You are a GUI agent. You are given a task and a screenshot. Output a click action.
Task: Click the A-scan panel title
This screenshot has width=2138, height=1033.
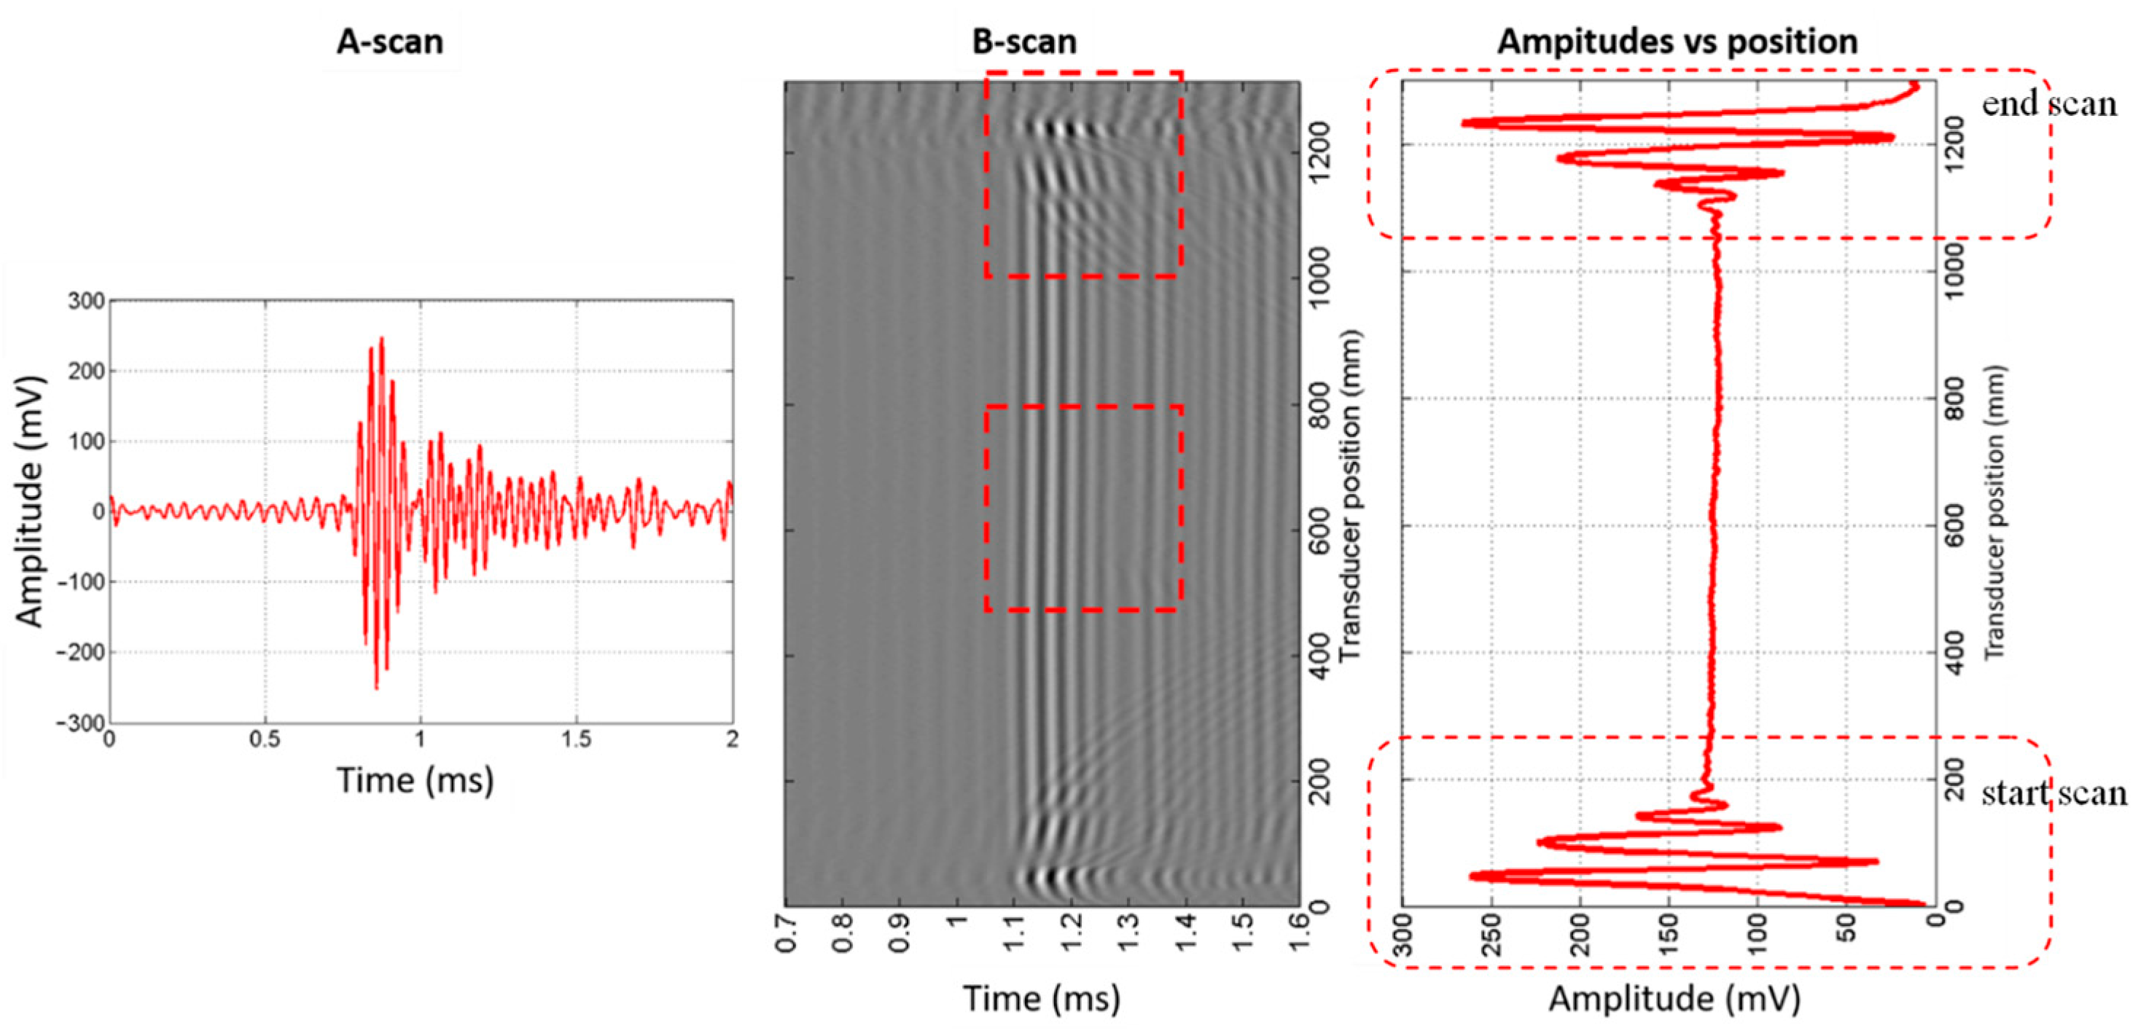[389, 42]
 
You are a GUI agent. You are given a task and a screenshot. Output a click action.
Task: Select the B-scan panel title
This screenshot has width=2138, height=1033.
[1024, 42]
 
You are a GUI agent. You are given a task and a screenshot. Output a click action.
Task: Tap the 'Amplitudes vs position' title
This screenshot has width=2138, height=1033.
[1677, 42]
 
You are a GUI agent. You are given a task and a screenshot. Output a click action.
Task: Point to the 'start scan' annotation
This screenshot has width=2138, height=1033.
[2053, 793]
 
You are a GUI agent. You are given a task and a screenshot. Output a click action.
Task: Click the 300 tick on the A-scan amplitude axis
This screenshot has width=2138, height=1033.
[86, 301]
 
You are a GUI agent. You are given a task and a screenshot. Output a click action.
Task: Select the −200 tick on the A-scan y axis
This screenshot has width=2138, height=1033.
[82, 653]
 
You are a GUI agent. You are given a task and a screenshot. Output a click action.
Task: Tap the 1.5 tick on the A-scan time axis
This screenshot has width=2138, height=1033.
[576, 739]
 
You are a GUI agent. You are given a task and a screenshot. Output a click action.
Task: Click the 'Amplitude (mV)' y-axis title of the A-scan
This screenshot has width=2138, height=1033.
[30, 501]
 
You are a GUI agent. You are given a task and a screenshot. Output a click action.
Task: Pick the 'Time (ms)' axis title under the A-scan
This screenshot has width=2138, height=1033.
[415, 780]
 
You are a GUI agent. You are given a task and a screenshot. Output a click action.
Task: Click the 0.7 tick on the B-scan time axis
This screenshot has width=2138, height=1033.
[789, 933]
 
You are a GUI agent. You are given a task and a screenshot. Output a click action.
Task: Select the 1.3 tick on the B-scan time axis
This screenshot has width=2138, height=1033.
[1131, 933]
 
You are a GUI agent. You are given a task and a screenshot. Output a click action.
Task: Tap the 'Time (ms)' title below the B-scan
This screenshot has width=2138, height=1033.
[1041, 998]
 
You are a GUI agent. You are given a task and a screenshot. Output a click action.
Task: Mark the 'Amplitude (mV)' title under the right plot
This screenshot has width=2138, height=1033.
[1674, 998]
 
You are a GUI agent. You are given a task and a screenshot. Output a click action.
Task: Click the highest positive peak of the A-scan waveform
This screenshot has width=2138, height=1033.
[381, 339]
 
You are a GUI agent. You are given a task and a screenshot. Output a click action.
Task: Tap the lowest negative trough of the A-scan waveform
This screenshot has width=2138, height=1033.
[376, 688]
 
